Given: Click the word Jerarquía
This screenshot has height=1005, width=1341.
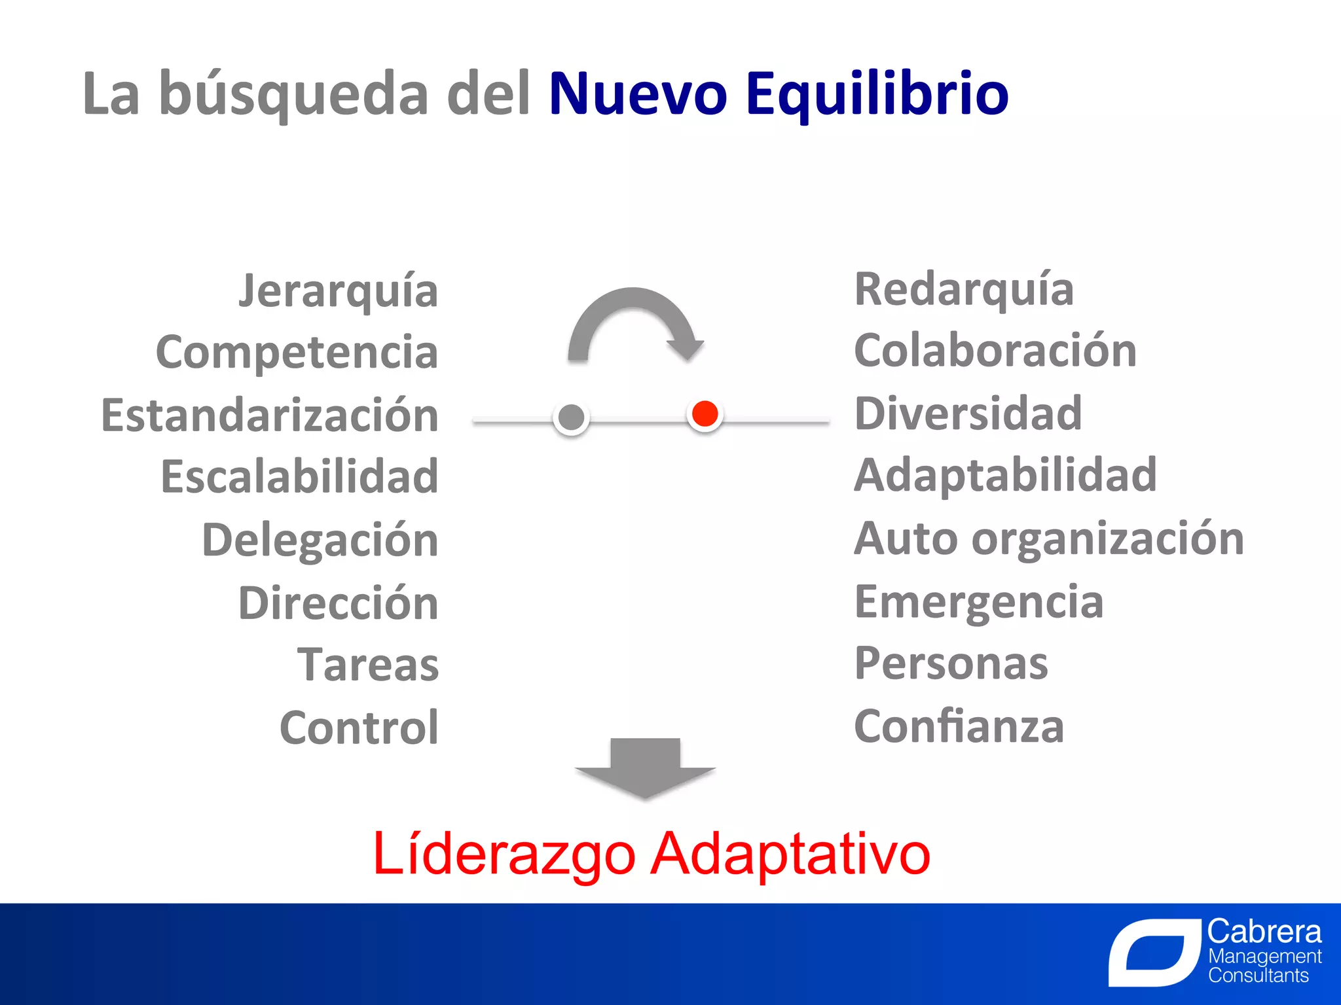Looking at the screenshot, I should click(x=339, y=291).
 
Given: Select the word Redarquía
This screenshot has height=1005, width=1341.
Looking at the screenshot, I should click(x=964, y=289).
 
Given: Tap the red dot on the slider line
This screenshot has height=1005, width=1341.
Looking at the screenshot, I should click(x=705, y=414).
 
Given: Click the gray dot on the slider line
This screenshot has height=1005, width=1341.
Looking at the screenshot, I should click(x=572, y=417).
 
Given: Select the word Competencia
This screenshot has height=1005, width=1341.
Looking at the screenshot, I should click(x=297, y=352).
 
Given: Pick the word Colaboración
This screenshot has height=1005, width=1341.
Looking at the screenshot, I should click(x=995, y=351).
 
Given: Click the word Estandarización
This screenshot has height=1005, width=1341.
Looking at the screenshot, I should click(x=270, y=415).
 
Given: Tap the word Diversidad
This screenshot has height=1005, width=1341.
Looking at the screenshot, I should click(x=968, y=414).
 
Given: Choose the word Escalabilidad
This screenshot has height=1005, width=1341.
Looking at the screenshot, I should click(x=299, y=476).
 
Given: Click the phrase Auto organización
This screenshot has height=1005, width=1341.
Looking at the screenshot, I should click(x=1049, y=538).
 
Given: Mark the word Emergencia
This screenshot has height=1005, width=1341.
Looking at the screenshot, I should click(x=979, y=602).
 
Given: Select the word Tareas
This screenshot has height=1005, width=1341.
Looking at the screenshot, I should click(x=368, y=665).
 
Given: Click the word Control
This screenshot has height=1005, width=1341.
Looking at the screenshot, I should click(x=359, y=728).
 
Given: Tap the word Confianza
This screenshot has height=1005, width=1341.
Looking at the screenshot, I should click(x=959, y=726).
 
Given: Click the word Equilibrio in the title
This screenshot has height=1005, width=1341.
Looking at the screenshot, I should click(x=877, y=95).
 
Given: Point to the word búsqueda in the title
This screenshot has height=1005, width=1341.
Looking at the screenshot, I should click(x=293, y=95).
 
